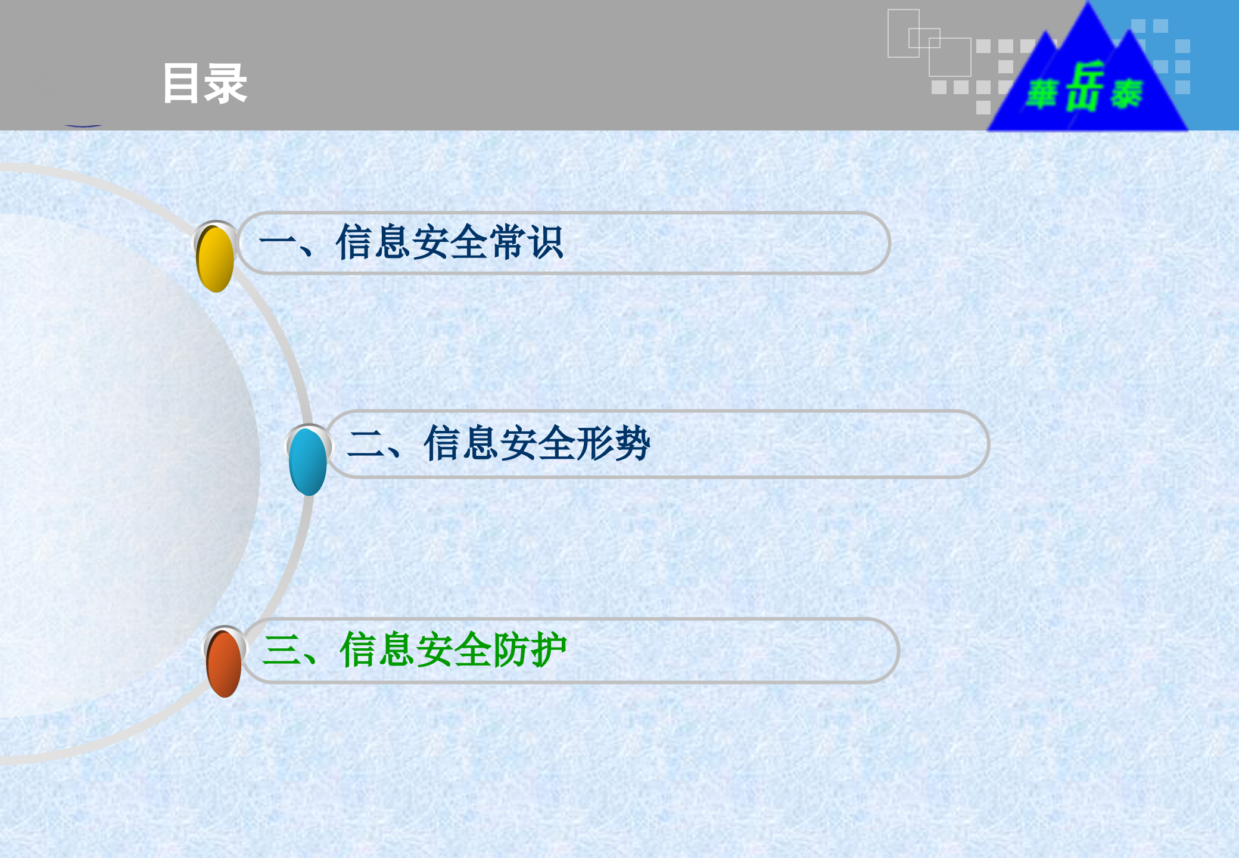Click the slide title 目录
204,83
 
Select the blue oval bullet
307,462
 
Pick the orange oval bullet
224,664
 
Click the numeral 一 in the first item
278,243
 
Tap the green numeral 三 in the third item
282,650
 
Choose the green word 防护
529,650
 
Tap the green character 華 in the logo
1042,94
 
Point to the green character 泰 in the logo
1126,94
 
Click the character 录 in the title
226,83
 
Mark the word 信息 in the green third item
377,650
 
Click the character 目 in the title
181,83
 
